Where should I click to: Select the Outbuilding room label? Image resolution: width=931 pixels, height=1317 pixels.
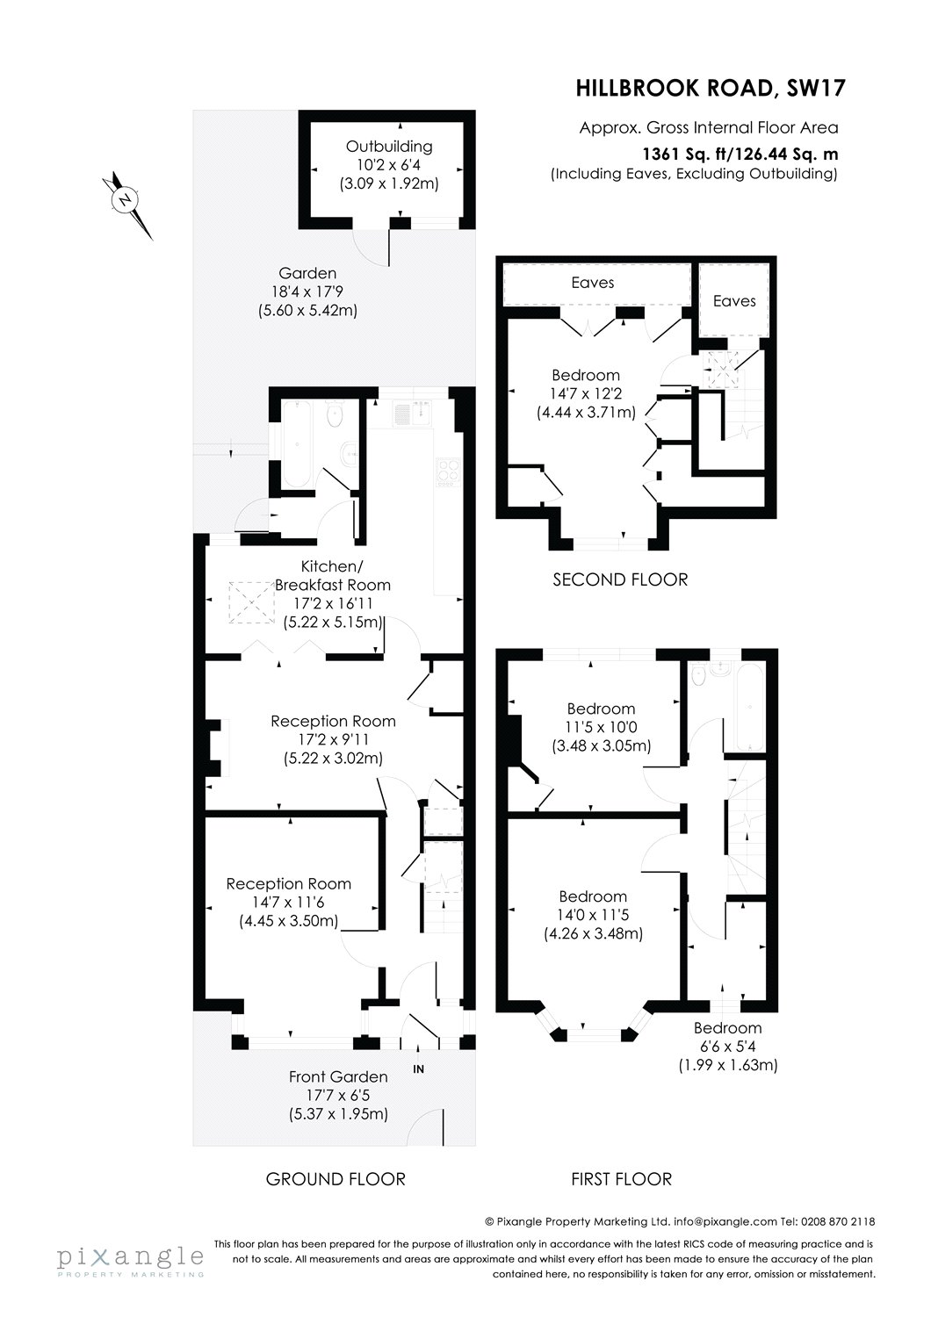(388, 147)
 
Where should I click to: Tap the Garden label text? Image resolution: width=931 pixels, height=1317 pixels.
(307, 273)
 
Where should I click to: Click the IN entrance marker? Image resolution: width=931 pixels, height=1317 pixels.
(419, 1069)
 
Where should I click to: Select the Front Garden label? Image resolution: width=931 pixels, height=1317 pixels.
(338, 1076)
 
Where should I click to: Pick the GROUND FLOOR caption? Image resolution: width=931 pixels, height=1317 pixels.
(336, 1178)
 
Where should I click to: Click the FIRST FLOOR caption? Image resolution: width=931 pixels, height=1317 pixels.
(621, 1178)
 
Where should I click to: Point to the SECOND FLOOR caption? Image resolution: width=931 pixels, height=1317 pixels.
(620, 579)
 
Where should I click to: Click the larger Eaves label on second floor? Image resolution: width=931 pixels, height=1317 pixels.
(593, 283)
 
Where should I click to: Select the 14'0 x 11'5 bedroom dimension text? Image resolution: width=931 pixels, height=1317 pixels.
(593, 915)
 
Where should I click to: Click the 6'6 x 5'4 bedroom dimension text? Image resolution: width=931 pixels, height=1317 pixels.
(727, 1047)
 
